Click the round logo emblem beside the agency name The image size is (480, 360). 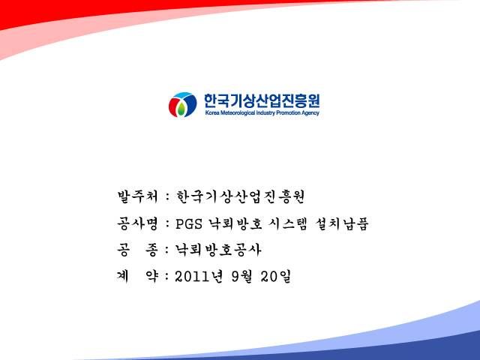click(182, 105)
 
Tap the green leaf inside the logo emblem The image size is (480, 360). click(181, 109)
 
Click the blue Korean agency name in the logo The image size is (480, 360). click(262, 100)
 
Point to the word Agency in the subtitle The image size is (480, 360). click(310, 113)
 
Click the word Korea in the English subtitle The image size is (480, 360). click(212, 112)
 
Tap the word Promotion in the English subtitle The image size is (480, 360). click(288, 112)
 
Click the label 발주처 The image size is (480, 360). click(137, 196)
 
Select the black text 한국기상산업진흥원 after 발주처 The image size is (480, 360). click(240, 196)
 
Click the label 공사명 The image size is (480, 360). click(137, 223)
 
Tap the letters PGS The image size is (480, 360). click(189, 224)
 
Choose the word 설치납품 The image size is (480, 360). click(342, 223)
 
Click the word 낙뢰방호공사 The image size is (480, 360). click(218, 250)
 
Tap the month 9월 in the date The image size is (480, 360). click(241, 277)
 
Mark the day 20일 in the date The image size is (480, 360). click(275, 277)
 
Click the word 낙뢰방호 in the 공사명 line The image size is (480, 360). click(235, 223)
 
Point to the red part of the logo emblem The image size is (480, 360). click(173, 106)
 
